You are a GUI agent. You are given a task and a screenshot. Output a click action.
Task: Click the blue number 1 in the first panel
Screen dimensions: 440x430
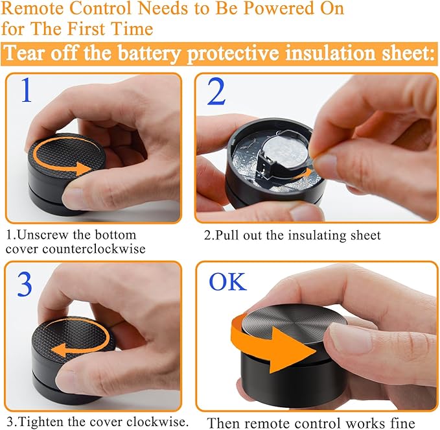[x=27, y=90]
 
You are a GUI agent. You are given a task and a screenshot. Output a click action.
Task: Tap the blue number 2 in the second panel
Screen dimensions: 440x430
[x=216, y=91]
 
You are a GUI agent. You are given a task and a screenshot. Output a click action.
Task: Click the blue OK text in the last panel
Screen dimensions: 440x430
[x=228, y=281]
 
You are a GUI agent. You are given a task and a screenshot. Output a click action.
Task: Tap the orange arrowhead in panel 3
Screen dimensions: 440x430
[x=59, y=350]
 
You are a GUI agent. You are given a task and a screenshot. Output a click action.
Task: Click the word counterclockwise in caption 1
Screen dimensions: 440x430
[x=94, y=249]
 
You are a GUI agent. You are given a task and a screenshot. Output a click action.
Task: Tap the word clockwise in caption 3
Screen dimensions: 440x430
[x=157, y=422]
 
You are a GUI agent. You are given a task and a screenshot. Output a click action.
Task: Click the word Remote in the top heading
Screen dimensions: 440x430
[x=33, y=8]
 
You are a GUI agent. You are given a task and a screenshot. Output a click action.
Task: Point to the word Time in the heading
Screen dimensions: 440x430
[x=132, y=29]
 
